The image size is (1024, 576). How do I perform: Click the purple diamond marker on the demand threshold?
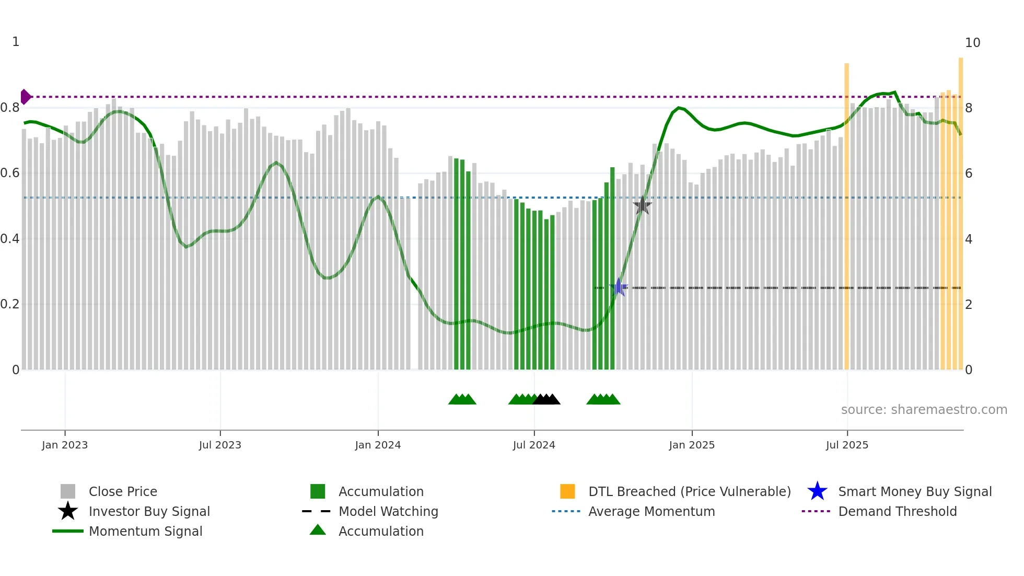(25, 97)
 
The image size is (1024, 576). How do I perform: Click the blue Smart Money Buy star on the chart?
(619, 287)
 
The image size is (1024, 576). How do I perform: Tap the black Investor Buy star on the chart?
(642, 205)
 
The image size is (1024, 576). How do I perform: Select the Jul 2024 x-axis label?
(534, 445)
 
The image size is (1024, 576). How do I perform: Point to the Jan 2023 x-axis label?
(65, 445)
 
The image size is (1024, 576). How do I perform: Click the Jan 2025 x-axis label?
(692, 445)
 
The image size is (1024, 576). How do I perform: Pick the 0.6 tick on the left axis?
(10, 173)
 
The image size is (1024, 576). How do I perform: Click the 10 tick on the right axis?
(972, 43)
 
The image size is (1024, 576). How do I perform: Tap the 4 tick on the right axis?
(969, 239)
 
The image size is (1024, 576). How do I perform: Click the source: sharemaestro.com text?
(924, 410)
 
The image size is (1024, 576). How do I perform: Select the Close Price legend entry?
(123, 491)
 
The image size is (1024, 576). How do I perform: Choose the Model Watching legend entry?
(388, 511)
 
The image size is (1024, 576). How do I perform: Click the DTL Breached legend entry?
(689, 491)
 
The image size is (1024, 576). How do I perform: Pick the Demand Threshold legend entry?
(897, 511)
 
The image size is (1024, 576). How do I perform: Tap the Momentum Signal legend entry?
(145, 531)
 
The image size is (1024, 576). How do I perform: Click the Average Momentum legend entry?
(651, 511)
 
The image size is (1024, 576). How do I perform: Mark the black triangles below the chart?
(546, 399)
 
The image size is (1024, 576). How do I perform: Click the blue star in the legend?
(817, 491)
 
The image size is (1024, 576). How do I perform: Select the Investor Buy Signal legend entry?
(149, 511)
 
